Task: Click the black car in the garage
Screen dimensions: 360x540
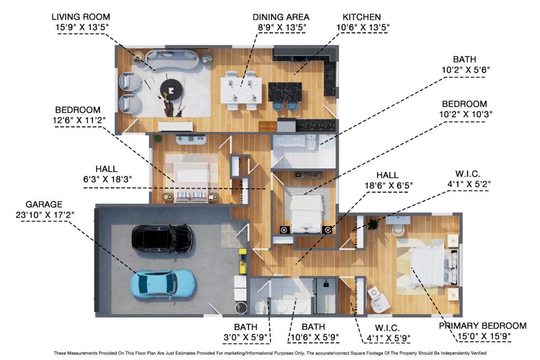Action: tap(162, 239)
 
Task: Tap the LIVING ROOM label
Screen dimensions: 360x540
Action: tap(81, 17)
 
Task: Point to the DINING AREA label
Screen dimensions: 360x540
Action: tap(281, 17)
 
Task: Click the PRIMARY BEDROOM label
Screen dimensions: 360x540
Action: tap(483, 326)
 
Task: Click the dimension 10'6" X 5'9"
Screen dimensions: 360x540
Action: tap(313, 337)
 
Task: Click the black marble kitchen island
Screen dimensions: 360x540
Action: tap(285, 92)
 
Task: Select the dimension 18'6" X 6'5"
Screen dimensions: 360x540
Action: tap(388, 185)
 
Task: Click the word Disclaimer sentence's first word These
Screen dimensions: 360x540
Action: tap(62, 353)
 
